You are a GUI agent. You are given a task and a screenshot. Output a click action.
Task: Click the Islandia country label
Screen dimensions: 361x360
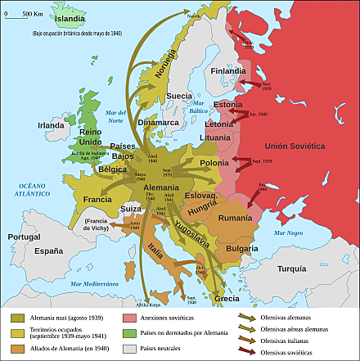(x=70, y=18)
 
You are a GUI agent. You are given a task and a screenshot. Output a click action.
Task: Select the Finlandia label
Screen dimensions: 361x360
(x=228, y=71)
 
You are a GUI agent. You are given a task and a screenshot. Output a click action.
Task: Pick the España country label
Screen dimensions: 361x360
(x=49, y=251)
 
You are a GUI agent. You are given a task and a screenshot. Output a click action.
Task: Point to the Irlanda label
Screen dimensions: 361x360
(x=51, y=125)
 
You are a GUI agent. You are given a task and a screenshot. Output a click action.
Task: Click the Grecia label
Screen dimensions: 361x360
(x=227, y=299)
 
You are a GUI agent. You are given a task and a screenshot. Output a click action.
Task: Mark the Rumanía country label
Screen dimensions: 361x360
(x=236, y=218)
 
